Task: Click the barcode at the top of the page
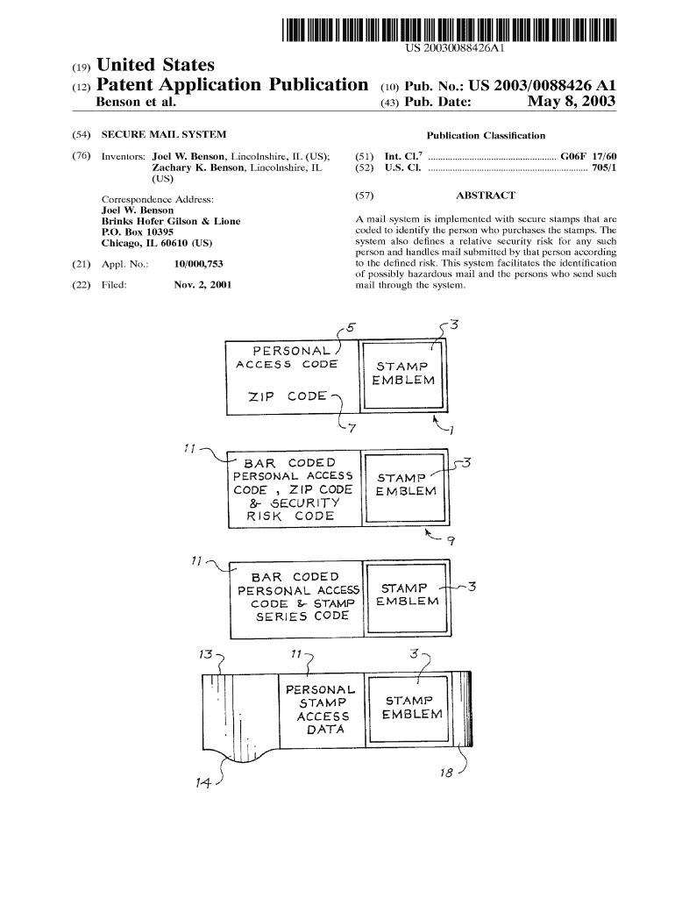click(450, 30)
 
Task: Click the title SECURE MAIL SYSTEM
click(164, 134)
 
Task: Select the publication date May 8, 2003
click(572, 102)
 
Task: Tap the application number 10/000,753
click(199, 264)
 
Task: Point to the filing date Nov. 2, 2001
click(202, 285)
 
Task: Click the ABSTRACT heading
click(486, 196)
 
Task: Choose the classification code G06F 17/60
click(588, 156)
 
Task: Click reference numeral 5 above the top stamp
click(351, 328)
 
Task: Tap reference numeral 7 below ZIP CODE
click(352, 428)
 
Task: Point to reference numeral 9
click(451, 540)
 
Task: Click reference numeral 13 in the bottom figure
click(205, 654)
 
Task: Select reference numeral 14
click(202, 782)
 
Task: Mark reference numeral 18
click(446, 773)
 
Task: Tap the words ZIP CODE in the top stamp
click(288, 396)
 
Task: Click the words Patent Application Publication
click(232, 85)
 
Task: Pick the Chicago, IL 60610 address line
click(156, 243)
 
